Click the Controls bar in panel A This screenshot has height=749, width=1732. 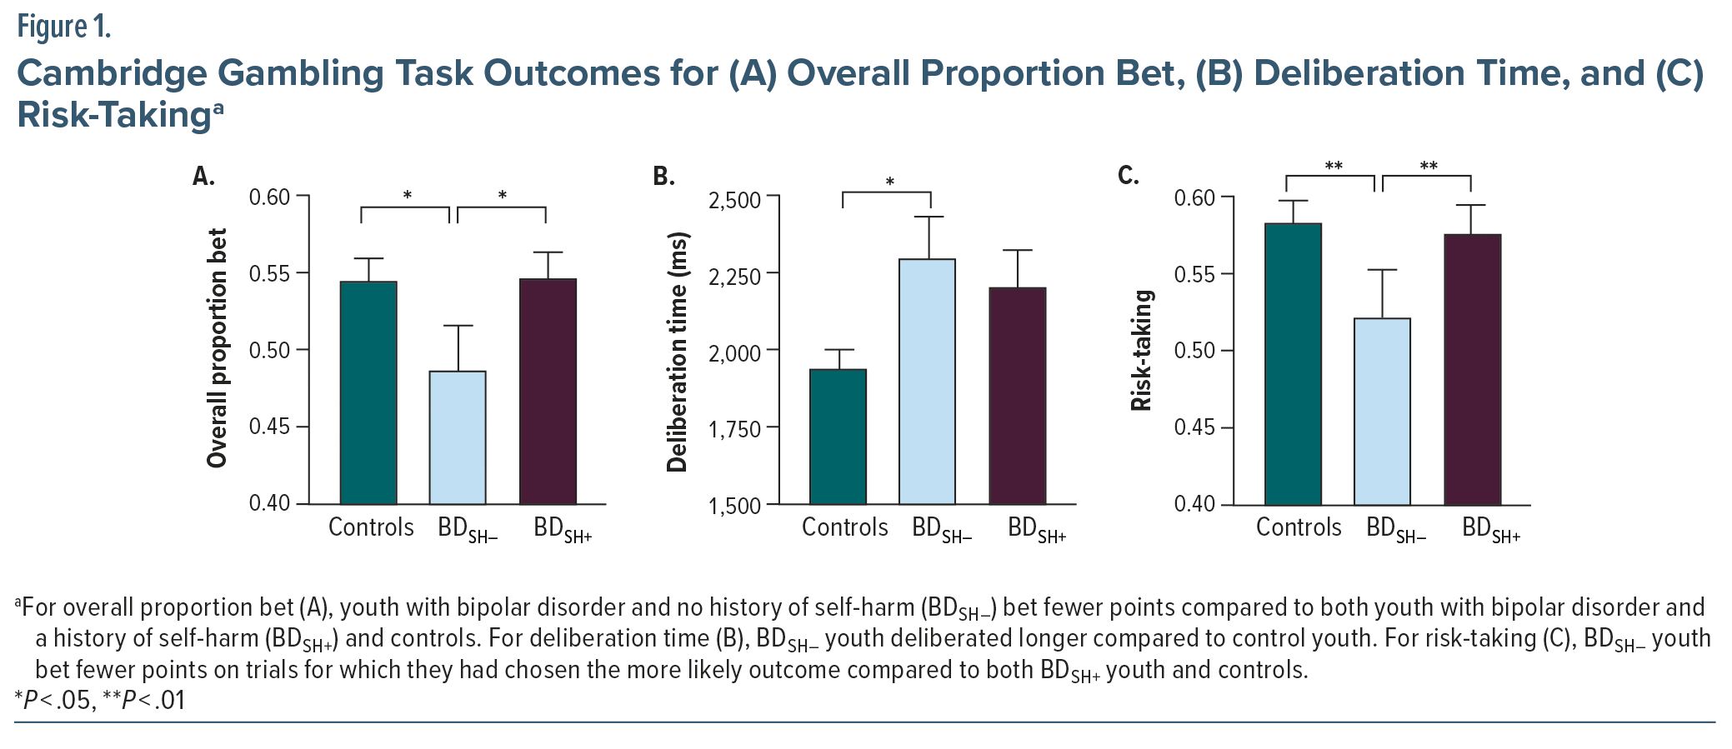[368, 392]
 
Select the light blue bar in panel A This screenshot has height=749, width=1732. [458, 437]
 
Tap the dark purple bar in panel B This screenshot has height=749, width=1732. [1017, 396]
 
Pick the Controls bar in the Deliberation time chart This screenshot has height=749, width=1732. [838, 437]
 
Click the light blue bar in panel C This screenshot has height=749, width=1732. [1382, 412]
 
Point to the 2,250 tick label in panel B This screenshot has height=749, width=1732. [734, 276]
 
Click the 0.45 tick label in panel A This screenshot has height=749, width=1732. [269, 427]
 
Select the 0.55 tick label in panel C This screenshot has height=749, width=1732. [1194, 274]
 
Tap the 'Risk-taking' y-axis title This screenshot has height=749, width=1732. [1141, 351]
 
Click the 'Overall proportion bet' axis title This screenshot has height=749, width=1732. [217, 348]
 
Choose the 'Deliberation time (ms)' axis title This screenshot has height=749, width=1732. [677, 352]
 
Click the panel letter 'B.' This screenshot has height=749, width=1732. [663, 177]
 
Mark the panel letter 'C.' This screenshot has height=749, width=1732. [1128, 176]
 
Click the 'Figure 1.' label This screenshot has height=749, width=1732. [63, 27]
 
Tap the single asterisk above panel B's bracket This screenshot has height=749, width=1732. [889, 182]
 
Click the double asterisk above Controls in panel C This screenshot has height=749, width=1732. [1334, 166]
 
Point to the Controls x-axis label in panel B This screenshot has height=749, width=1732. [844, 527]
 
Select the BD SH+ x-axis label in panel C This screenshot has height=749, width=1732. [1491, 530]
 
